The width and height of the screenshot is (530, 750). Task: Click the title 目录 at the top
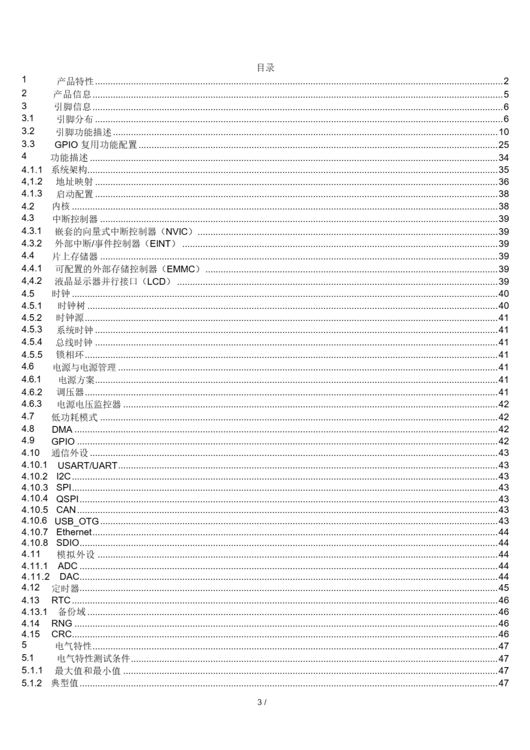(265, 68)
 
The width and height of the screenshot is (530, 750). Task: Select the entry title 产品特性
(75, 81)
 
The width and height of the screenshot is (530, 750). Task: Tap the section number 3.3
(28, 144)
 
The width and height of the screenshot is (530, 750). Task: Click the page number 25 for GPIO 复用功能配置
(503, 145)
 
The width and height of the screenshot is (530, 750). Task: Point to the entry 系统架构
(69, 170)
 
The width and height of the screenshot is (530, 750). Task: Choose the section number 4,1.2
(32, 181)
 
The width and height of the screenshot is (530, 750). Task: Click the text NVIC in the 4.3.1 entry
(177, 232)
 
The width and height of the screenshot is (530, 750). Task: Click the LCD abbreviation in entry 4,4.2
(156, 281)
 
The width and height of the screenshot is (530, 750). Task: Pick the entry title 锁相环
(70, 354)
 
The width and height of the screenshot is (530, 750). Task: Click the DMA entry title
(62, 429)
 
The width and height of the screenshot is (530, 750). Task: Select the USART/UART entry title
(87, 466)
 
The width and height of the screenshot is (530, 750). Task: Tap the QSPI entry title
(67, 499)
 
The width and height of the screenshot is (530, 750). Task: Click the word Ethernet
(74, 532)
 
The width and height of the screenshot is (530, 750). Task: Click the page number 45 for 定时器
(503, 588)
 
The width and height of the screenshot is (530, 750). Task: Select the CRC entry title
(61, 634)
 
